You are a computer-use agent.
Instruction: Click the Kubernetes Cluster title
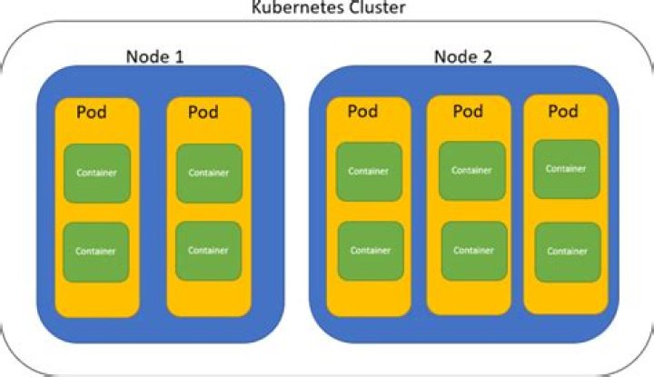pyautogui.click(x=327, y=8)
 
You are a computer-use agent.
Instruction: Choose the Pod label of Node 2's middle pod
pyautogui.click(x=467, y=112)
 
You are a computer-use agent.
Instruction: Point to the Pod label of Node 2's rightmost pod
pyautogui.click(x=563, y=112)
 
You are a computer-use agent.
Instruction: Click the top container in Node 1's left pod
pyautogui.click(x=96, y=173)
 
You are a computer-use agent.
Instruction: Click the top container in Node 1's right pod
pyautogui.click(x=209, y=173)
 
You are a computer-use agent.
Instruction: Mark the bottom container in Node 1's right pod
pyautogui.click(x=209, y=251)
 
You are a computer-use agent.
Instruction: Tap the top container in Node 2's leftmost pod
pyautogui.click(x=370, y=171)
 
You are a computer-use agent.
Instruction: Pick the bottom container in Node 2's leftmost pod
pyautogui.click(x=370, y=251)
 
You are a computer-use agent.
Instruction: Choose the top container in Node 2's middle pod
pyautogui.click(x=471, y=170)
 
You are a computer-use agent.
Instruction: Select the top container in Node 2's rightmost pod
pyautogui.click(x=566, y=168)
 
